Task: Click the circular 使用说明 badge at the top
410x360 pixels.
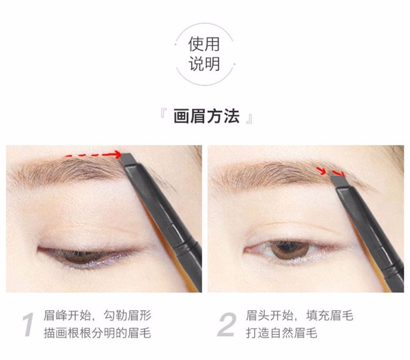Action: [204, 54]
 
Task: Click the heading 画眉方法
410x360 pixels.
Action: [207, 116]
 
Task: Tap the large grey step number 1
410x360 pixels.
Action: [28, 324]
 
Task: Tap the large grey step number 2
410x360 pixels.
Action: [227, 324]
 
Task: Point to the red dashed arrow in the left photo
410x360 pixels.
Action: [93, 155]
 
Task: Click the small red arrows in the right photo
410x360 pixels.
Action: [330, 172]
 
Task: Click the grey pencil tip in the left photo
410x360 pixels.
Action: [128, 159]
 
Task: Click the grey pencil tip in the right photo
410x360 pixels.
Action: [339, 181]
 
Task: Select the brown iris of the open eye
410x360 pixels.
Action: [290, 250]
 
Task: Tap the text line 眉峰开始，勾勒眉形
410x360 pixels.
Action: [97, 315]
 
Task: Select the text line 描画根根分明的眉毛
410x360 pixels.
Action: [97, 333]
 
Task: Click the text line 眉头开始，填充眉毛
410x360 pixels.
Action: [299, 315]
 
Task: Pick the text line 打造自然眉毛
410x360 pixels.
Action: [282, 333]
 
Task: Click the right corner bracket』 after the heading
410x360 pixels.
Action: [249, 119]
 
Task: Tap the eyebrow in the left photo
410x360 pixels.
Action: [68, 171]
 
